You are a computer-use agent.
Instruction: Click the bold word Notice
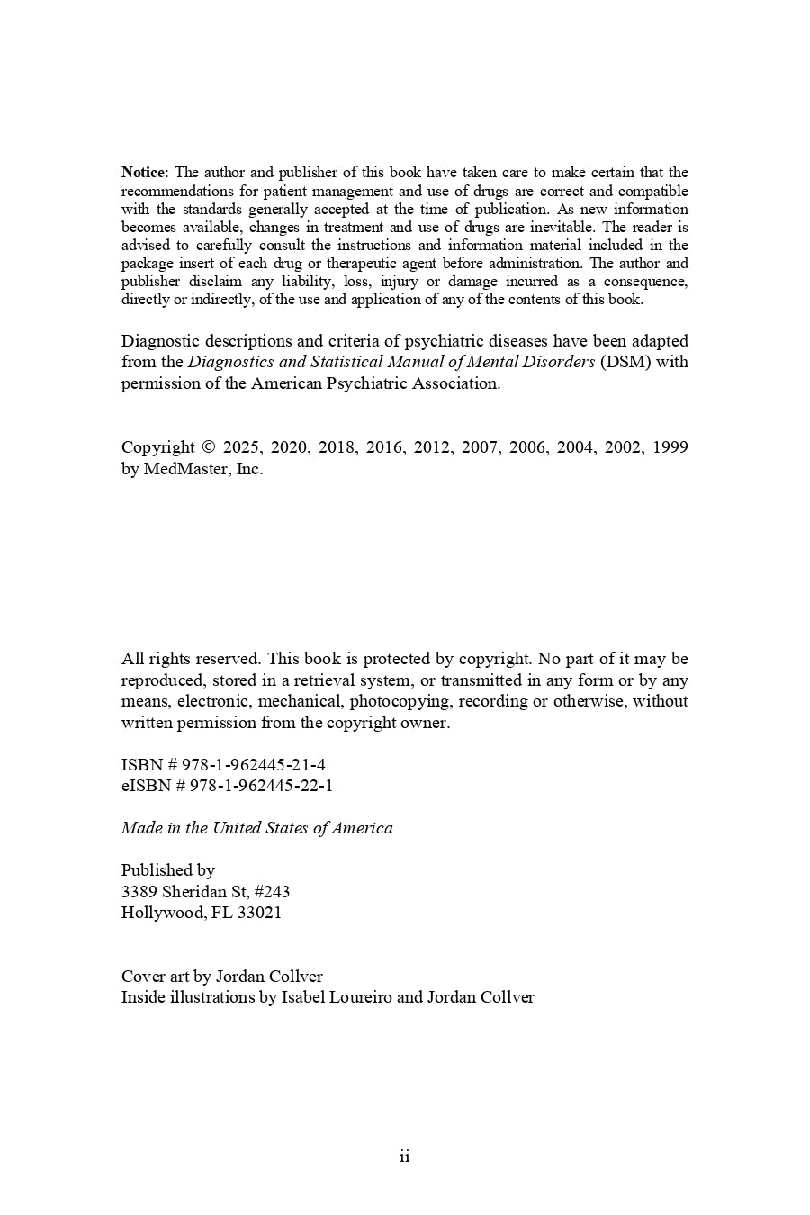pyautogui.click(x=143, y=173)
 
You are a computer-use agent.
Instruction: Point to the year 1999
pyautogui.click(x=670, y=447)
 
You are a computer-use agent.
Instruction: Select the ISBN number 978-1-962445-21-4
pyautogui.click(x=254, y=765)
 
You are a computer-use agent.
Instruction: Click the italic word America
pyautogui.click(x=363, y=828)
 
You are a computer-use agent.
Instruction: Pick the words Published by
pyautogui.click(x=168, y=870)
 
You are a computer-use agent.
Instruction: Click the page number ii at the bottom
pyautogui.click(x=405, y=1156)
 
